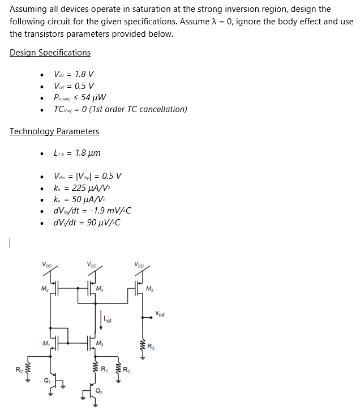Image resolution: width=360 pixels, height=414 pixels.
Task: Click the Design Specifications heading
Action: [50, 53]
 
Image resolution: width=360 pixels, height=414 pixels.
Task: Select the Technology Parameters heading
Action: [54, 131]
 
